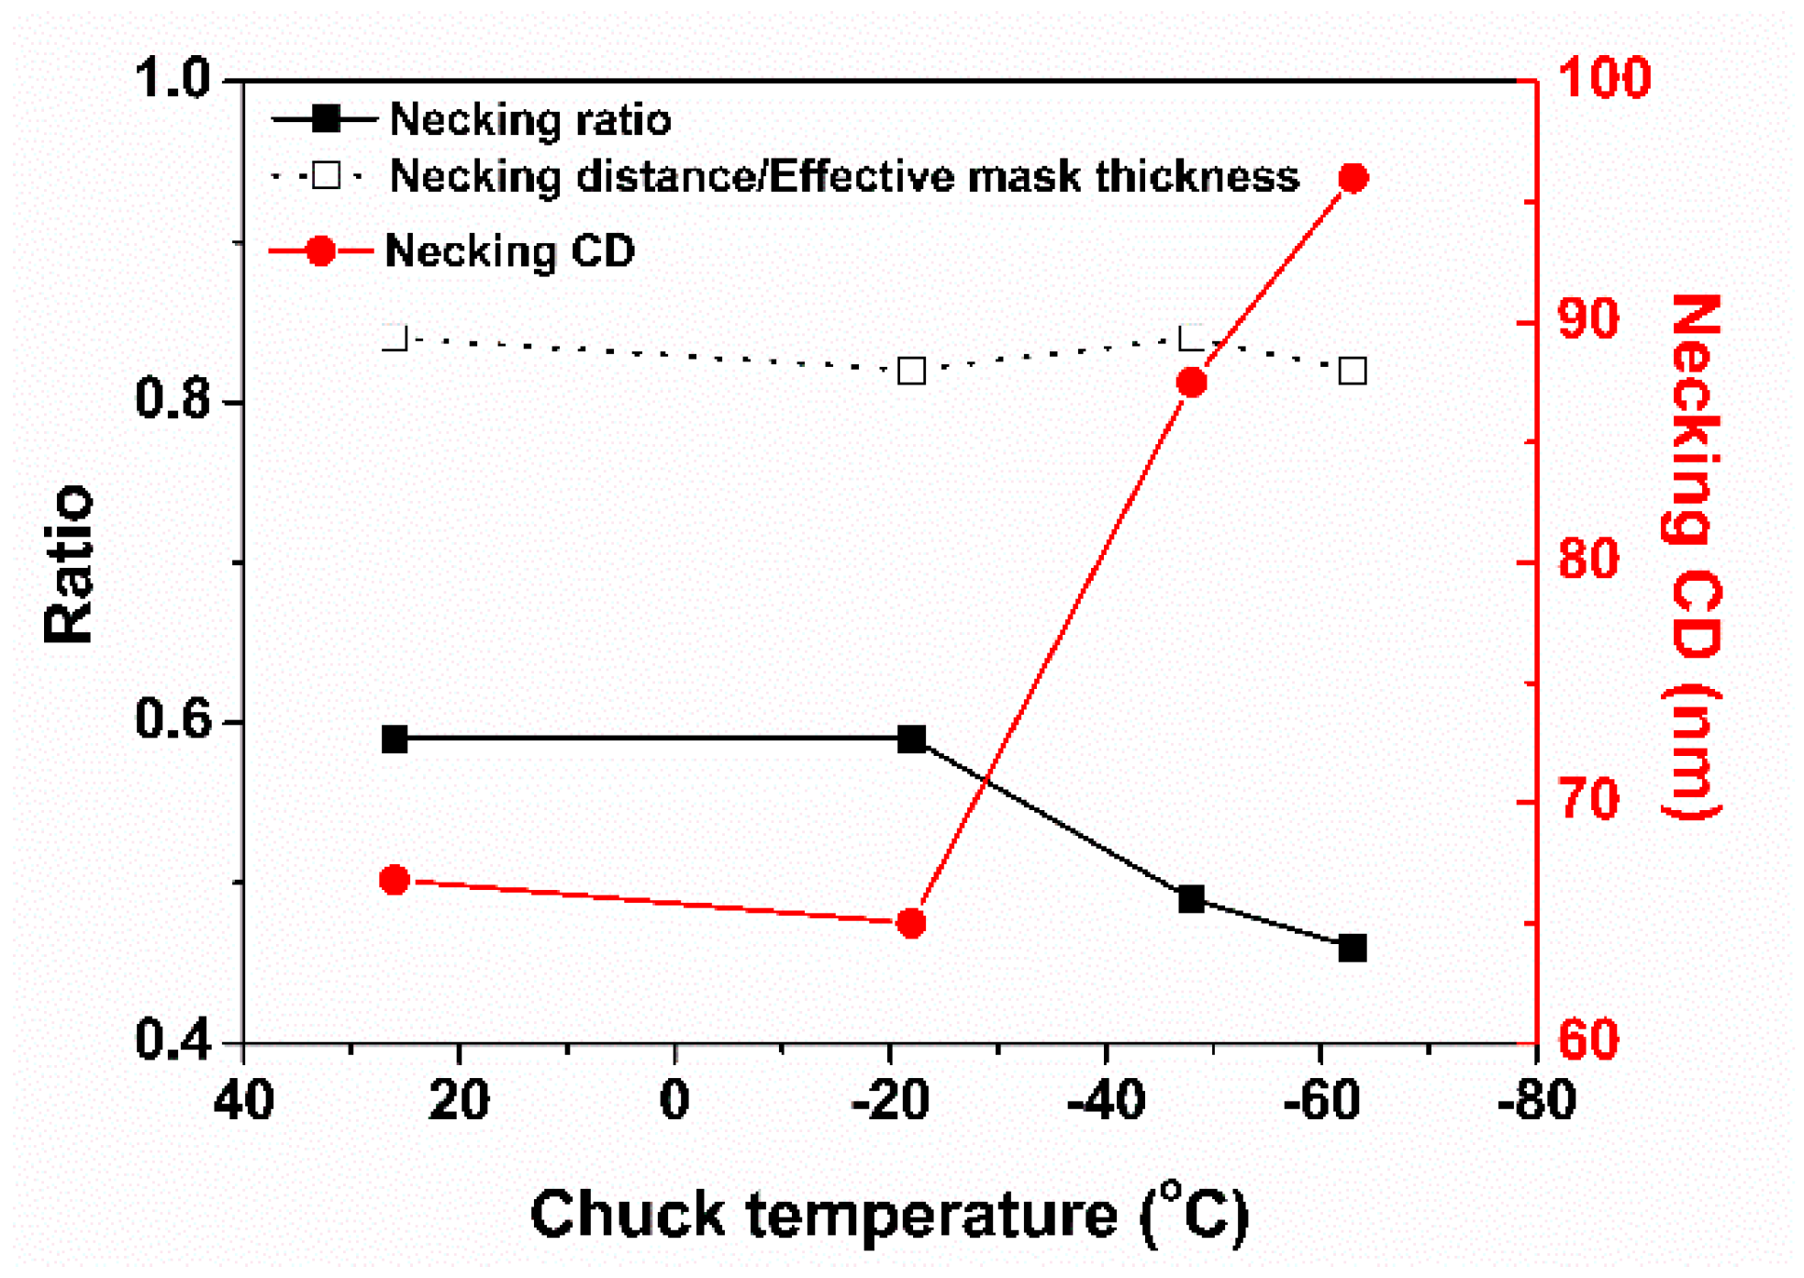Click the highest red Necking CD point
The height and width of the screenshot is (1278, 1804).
tap(1353, 177)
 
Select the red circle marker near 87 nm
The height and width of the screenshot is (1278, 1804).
tap(1191, 383)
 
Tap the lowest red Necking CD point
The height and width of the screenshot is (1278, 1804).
tap(911, 923)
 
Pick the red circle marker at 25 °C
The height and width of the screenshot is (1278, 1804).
tap(395, 880)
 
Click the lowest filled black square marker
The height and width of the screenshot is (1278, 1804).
tap(1353, 948)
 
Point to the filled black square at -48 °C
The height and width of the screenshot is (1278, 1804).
tap(1191, 899)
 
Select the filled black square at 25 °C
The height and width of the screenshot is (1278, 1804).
tap(395, 739)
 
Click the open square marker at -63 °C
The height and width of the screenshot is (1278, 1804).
tap(1353, 371)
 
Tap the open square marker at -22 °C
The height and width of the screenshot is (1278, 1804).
tap(911, 371)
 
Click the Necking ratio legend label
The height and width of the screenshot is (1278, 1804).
tap(529, 120)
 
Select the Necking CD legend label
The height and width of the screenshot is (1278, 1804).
tap(509, 250)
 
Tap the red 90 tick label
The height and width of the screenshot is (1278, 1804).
tap(1588, 320)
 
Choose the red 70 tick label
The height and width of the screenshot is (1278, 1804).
tap(1588, 800)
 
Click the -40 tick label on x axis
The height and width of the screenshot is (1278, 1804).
tap(1106, 1100)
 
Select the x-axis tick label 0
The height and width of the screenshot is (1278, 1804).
tap(674, 1100)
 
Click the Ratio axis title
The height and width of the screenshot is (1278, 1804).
tap(69, 563)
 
